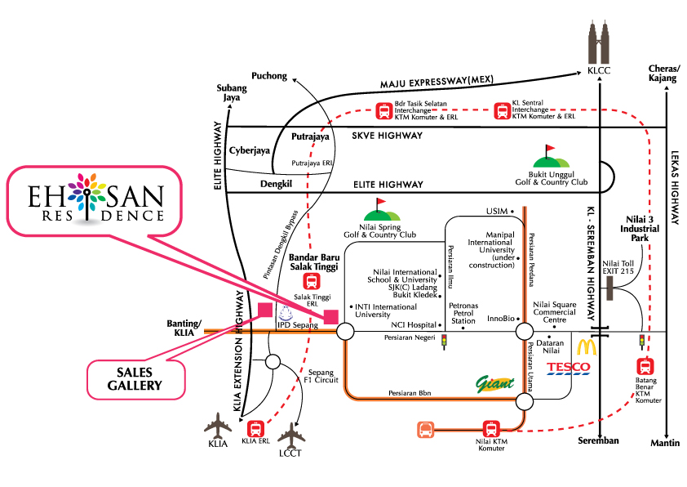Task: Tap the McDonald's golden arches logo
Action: coord(588,346)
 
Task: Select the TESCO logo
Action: coord(568,367)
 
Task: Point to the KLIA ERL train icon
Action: coord(255,427)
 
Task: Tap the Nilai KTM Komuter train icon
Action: coord(491,428)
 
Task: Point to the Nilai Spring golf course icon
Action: coord(379,210)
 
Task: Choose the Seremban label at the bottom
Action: coord(597,441)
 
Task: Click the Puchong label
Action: coord(269,76)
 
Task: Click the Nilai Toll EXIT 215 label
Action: coord(616,266)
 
